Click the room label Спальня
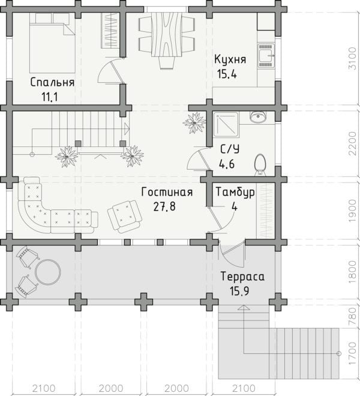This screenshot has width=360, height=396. click(52, 82)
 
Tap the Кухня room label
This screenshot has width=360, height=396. click(230, 60)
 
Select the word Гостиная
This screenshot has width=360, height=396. click(167, 192)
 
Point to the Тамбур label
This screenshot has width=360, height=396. click(235, 192)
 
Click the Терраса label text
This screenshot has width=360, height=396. click(242, 276)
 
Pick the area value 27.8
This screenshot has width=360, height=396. click(164, 206)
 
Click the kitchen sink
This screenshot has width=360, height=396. click(266, 56)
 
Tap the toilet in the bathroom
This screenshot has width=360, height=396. click(260, 164)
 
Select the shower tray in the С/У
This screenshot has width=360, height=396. click(226, 125)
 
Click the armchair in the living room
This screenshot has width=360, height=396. click(124, 216)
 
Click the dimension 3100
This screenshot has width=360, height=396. click(352, 58)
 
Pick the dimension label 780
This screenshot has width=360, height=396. click(352, 316)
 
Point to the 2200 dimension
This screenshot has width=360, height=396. click(352, 144)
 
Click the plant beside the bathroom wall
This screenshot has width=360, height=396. click(194, 123)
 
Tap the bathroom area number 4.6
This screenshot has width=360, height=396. click(227, 164)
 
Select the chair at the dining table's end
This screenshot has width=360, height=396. click(167, 62)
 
